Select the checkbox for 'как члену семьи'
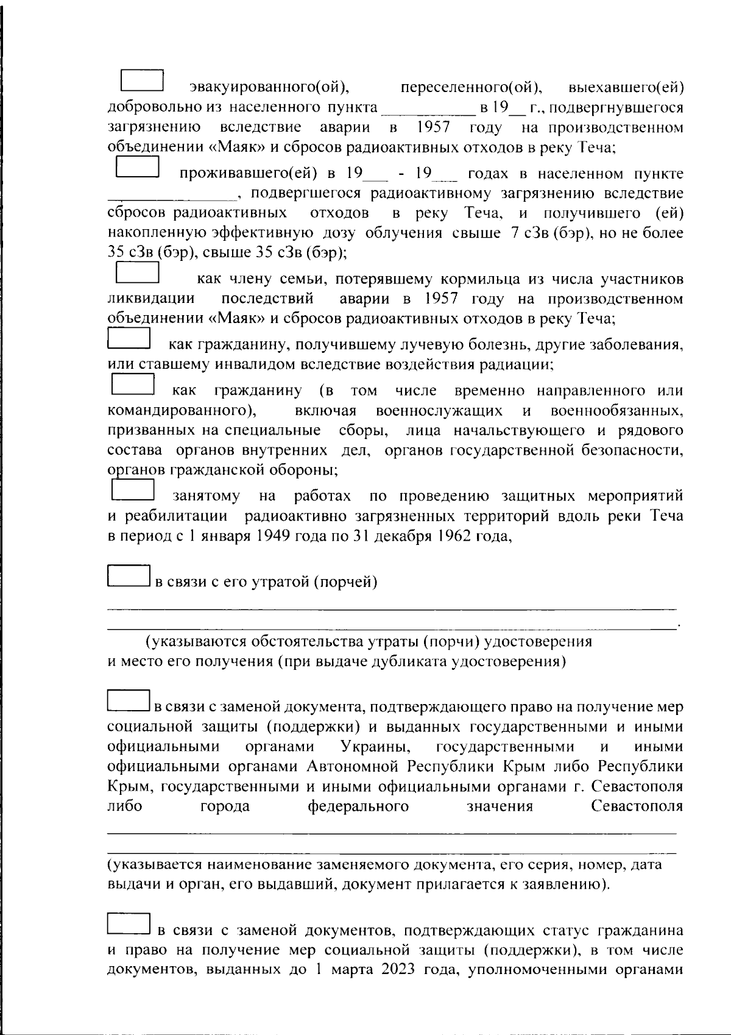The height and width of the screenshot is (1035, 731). click(x=137, y=272)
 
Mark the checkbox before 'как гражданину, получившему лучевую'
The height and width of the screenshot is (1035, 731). click(x=129, y=338)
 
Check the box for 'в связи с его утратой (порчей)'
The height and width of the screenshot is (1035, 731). click(x=129, y=576)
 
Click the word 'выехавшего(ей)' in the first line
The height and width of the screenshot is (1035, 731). click(x=625, y=88)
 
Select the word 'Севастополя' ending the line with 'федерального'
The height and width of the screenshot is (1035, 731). click(x=637, y=807)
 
